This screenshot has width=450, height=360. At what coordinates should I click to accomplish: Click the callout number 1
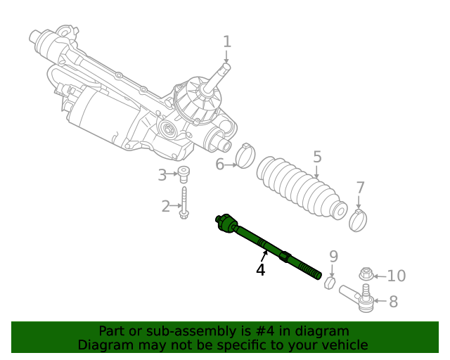pos(226,41)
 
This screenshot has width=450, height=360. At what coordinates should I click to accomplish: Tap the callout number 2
pos(166,206)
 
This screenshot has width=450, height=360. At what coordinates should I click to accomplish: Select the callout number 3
pos(162,174)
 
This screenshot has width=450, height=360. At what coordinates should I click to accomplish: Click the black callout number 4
pos(261,269)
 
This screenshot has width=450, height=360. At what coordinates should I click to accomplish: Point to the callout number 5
pos(317,157)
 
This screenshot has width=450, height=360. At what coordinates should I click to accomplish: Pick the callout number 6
pos(219,165)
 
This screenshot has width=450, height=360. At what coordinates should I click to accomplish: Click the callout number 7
pos(360,188)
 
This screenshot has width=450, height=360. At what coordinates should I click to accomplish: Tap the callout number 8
pos(393,302)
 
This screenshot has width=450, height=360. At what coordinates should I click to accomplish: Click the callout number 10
pos(397,276)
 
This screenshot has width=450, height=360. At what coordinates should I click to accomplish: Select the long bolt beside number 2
pos(184,202)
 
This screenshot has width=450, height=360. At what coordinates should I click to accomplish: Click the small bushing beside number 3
pos(184,174)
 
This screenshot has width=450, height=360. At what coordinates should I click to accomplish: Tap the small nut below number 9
pos(330,281)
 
